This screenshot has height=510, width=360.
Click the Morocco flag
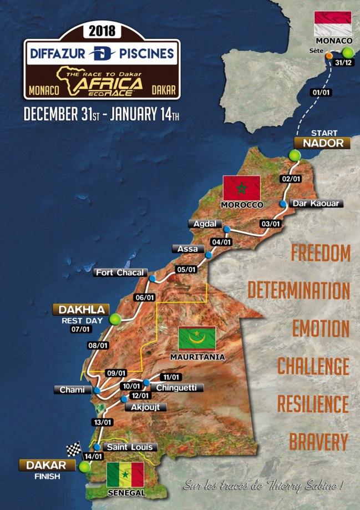pyautogui.click(x=241, y=188)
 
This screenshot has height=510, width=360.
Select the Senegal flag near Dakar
pyautogui.click(x=125, y=474)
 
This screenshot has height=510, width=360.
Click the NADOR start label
pyautogui.click(x=323, y=143)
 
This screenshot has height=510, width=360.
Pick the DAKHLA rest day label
pyautogui.click(x=81, y=309)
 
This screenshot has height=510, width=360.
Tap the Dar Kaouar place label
pyautogui.click(x=315, y=203)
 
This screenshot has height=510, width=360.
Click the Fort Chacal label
pyautogui.click(x=120, y=272)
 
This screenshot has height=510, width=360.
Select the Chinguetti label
pyautogui.click(x=176, y=387)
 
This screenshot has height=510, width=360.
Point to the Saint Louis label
pyautogui.click(x=129, y=447)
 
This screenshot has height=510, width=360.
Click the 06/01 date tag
pyautogui.click(x=144, y=297)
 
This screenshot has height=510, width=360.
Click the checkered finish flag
pyautogui.click(x=74, y=449)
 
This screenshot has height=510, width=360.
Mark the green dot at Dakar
pyautogui.click(x=84, y=467)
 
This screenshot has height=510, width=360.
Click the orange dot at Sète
pyautogui.click(x=329, y=56)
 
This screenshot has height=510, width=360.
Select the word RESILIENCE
pyautogui.click(x=313, y=403)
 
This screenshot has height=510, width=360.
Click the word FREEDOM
pyautogui.click(x=321, y=253)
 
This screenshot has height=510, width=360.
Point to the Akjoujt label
pyautogui.click(x=145, y=407)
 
